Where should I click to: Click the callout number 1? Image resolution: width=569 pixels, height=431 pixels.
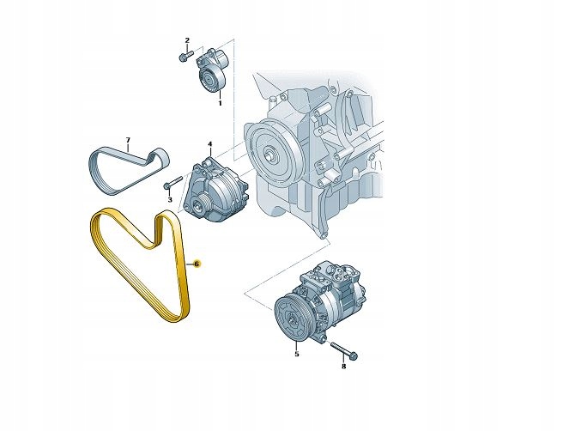[x=219, y=103]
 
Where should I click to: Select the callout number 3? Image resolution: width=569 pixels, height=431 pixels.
[x=170, y=199]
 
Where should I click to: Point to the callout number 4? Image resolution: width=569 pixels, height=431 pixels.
[x=209, y=145]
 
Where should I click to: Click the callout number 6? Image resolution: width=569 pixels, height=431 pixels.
[x=197, y=264]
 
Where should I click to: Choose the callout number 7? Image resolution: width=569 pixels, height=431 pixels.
[x=127, y=140]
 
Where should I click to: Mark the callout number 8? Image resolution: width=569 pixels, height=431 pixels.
[x=343, y=367]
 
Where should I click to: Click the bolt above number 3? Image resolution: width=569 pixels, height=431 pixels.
[x=169, y=183]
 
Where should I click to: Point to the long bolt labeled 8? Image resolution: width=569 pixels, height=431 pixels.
[x=342, y=351]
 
